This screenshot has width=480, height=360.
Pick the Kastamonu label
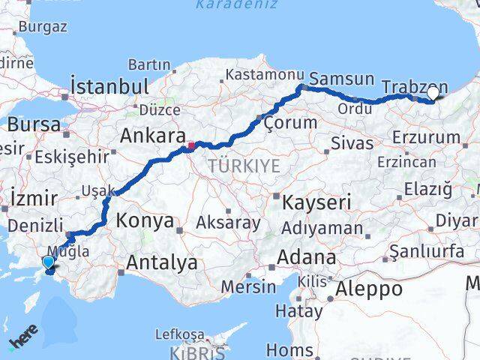click(x=265, y=76)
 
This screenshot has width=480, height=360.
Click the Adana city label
click(x=306, y=257)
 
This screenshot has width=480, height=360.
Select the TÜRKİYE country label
click(x=244, y=165)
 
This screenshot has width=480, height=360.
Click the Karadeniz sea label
click(x=236, y=5)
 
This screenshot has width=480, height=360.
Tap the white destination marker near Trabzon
click(x=433, y=94)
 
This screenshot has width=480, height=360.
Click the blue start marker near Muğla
click(x=49, y=262)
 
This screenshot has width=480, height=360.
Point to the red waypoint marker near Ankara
click(x=191, y=145)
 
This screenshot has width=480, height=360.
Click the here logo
click(x=23, y=341)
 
